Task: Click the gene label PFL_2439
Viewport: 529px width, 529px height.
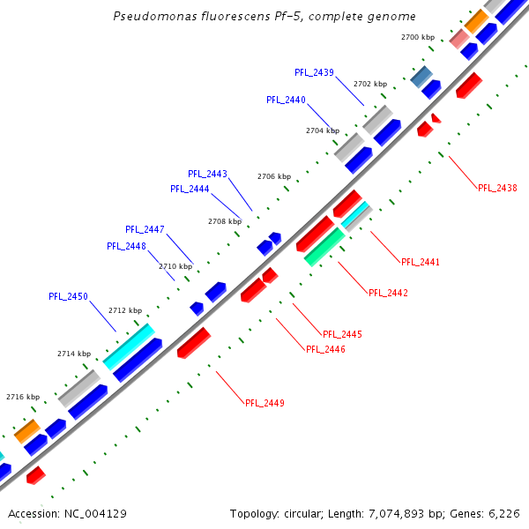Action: (314, 72)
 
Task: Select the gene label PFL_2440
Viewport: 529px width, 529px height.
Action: (286, 101)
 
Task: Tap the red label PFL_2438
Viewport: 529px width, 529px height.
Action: (497, 188)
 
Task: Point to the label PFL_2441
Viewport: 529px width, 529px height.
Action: (420, 262)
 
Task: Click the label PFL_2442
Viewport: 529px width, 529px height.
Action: (388, 293)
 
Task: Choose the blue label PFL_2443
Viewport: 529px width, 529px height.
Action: (207, 174)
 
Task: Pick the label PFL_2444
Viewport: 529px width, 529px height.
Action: (190, 189)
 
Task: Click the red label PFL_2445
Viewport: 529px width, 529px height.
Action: (342, 334)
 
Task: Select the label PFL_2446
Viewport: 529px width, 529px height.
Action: (325, 349)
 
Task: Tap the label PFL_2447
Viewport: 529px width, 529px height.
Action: (145, 229)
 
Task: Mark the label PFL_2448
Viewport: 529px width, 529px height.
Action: (126, 246)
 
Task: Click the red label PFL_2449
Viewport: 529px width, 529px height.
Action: (264, 403)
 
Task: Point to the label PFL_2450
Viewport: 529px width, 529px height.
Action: (68, 297)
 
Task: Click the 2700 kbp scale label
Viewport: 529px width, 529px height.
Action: (417, 38)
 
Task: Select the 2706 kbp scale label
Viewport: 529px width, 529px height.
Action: (273, 176)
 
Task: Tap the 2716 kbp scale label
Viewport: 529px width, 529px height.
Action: (22, 397)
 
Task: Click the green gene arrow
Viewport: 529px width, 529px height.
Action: (324, 247)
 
